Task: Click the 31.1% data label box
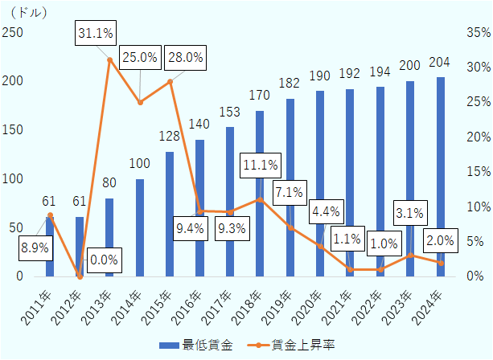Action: (x=96, y=34)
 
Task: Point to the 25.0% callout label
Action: (x=140, y=58)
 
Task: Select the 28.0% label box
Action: (x=184, y=58)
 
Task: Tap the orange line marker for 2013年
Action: (x=110, y=59)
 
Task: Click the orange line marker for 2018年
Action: (x=260, y=198)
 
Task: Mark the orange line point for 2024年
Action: (x=440, y=263)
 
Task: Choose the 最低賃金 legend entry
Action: (x=198, y=345)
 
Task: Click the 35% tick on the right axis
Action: (x=477, y=32)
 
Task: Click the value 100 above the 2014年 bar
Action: (x=140, y=163)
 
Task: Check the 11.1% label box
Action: (x=261, y=166)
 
